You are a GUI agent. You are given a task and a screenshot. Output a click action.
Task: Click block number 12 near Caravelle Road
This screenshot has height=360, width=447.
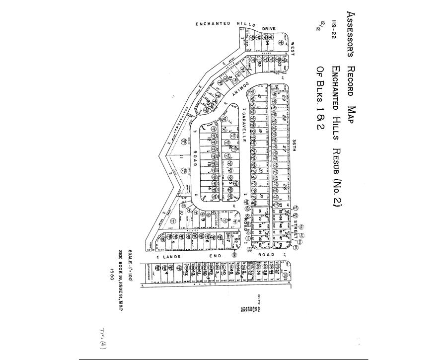click(216, 141)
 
